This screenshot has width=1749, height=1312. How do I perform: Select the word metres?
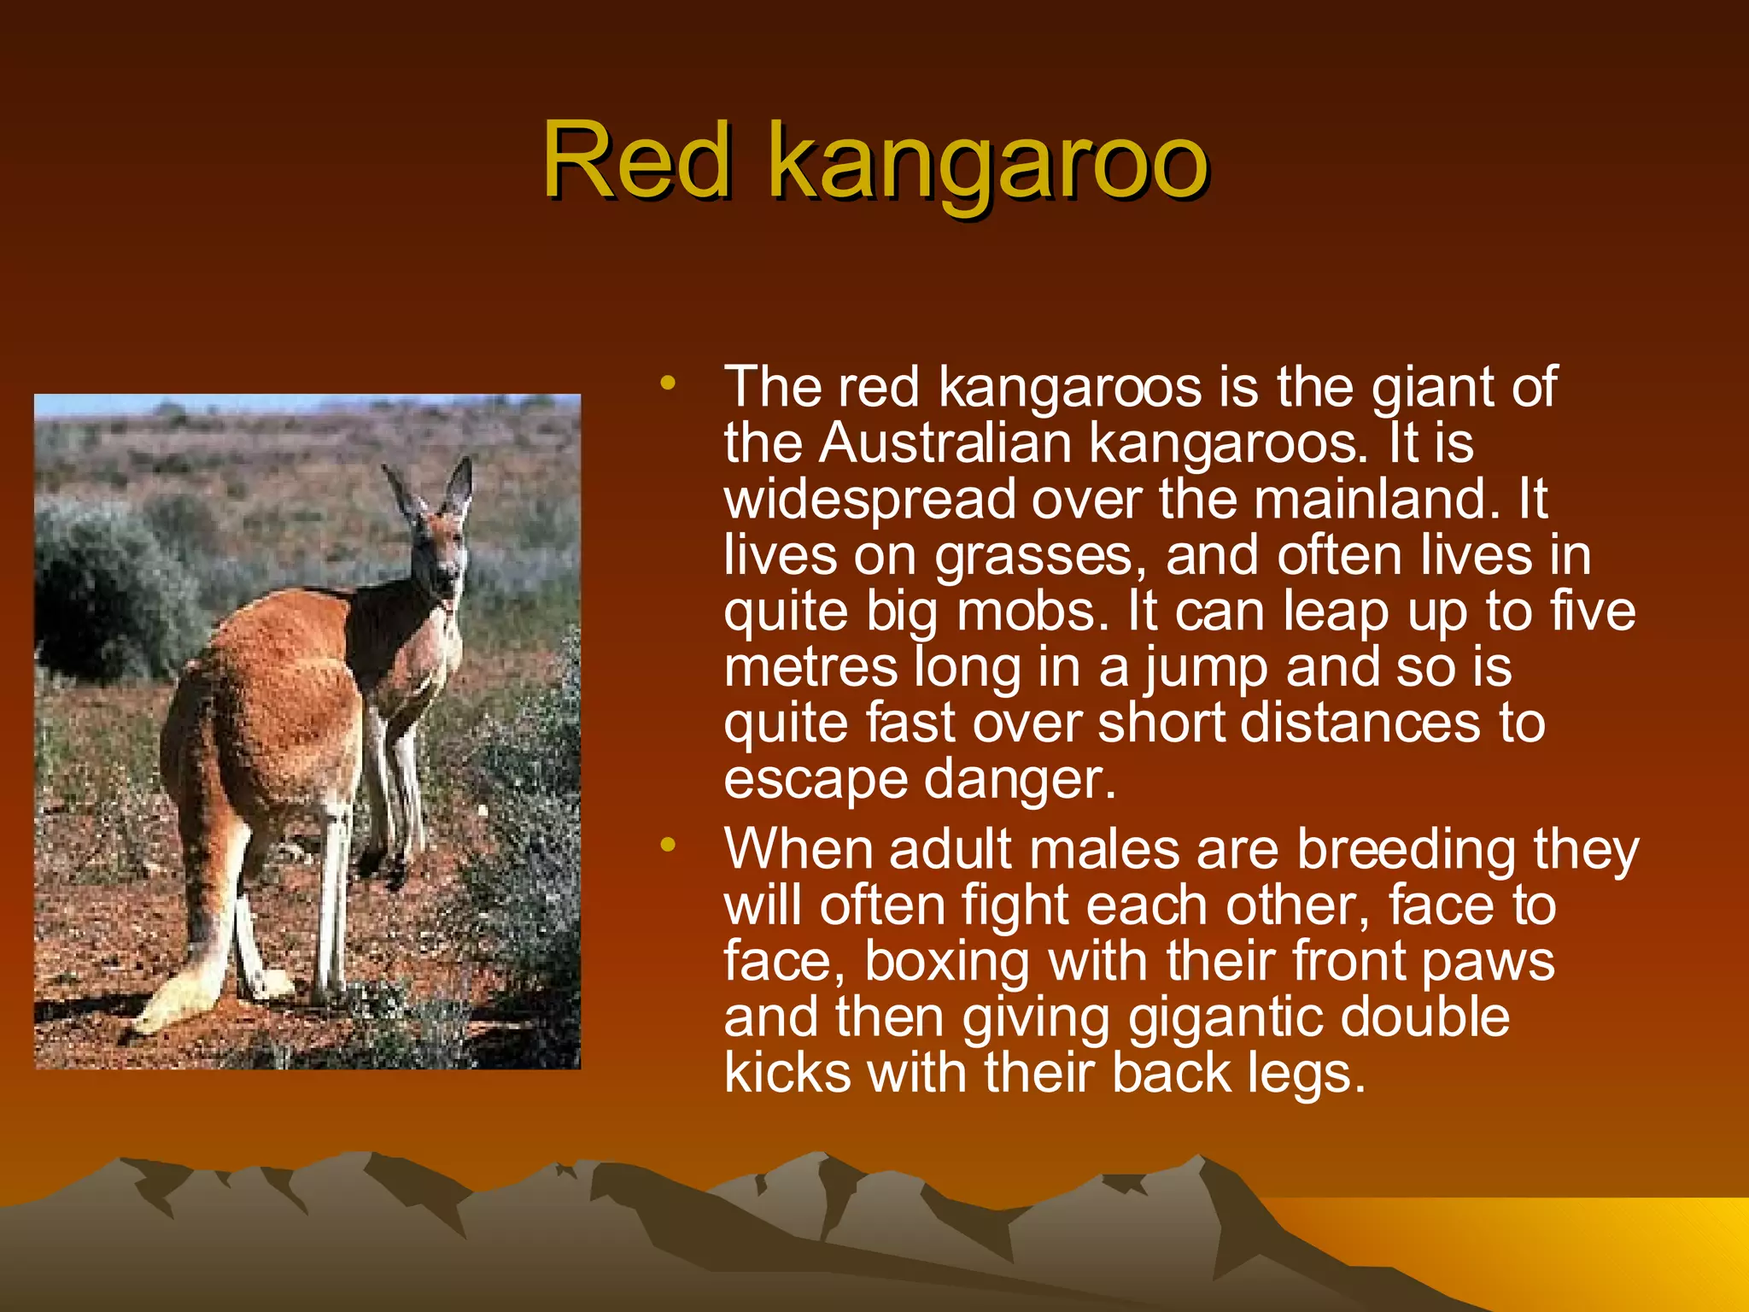pyautogui.click(x=810, y=667)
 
